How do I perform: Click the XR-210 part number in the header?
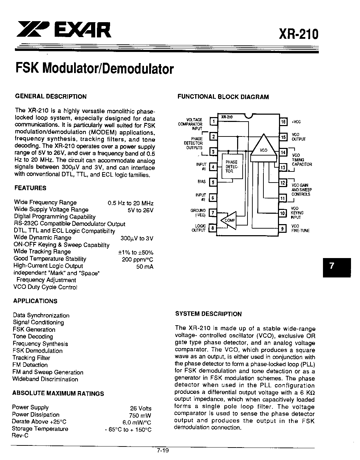(298, 34)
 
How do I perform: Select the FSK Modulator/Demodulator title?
(94, 69)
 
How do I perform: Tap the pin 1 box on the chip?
(214, 121)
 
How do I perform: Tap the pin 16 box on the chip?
(283, 122)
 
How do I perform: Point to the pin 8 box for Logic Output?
(213, 228)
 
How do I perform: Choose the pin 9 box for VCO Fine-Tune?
(282, 229)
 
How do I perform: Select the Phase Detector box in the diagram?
(232, 166)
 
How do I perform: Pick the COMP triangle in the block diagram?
(229, 220)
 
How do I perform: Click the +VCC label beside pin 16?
(296, 122)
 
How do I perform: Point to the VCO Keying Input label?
(297, 213)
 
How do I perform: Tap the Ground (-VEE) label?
(198, 213)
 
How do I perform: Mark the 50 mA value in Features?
(145, 266)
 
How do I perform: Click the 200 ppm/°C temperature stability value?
(137, 259)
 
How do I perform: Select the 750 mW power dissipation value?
(140, 415)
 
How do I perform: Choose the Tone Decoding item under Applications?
(33, 336)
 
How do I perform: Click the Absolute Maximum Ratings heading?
(58, 393)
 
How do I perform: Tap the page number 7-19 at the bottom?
(163, 450)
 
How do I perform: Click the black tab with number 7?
(337, 267)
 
